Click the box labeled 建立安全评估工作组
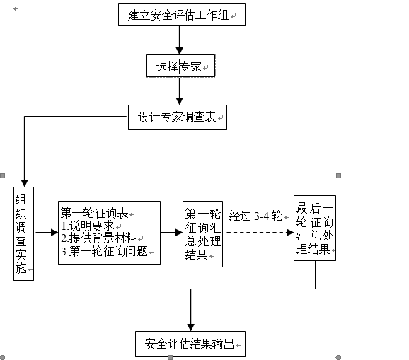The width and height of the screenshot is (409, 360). click(182, 14)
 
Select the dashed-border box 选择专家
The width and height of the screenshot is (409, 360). click(180, 66)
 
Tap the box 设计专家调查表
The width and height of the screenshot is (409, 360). click(178, 117)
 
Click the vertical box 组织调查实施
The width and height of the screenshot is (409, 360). click(23, 233)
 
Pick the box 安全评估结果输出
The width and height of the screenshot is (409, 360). click(190, 344)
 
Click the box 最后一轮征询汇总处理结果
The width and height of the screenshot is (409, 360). click(315, 228)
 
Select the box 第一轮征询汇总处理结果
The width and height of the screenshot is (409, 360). click(202, 234)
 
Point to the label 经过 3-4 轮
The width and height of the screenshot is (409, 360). click(255, 216)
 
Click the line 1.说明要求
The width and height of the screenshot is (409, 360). click(88, 226)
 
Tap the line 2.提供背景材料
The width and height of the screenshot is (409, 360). click(98, 238)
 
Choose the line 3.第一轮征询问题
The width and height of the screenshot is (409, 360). click(104, 251)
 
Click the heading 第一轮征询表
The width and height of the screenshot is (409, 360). click(94, 213)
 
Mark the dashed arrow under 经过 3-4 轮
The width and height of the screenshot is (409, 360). click(260, 232)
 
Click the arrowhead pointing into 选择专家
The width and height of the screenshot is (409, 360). click(179, 50)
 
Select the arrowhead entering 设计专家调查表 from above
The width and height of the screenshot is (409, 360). click(179, 101)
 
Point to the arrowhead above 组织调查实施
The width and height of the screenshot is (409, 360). click(24, 183)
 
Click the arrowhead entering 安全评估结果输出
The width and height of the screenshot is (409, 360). click(190, 327)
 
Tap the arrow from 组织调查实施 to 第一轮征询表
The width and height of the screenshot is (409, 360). click(47, 232)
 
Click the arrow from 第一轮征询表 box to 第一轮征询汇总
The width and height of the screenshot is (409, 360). click(171, 232)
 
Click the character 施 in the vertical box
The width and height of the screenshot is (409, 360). click(21, 269)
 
